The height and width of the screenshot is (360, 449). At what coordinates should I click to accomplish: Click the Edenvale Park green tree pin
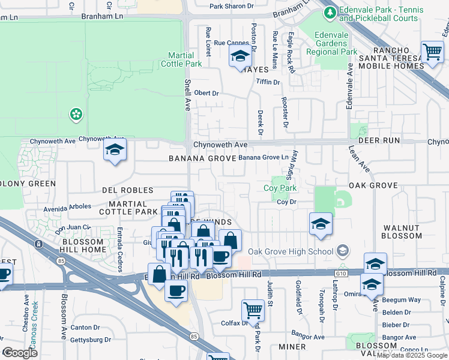click(329, 12)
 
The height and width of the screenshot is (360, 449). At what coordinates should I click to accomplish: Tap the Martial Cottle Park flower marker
click(76, 113)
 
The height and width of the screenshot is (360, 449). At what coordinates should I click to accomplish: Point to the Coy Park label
click(280, 188)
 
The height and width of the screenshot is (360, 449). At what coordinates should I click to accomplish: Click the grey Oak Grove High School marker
click(342, 250)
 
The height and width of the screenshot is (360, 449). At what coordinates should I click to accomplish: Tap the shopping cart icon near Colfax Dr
click(253, 310)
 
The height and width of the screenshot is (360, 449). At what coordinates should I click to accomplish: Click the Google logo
click(20, 353)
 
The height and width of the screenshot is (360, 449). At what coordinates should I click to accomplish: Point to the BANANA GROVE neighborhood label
click(200, 159)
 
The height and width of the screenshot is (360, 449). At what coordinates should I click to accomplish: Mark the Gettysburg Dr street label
click(90, 340)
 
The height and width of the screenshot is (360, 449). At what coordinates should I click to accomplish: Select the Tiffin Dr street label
click(268, 82)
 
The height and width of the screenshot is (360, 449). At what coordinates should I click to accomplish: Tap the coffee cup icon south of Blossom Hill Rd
click(176, 290)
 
